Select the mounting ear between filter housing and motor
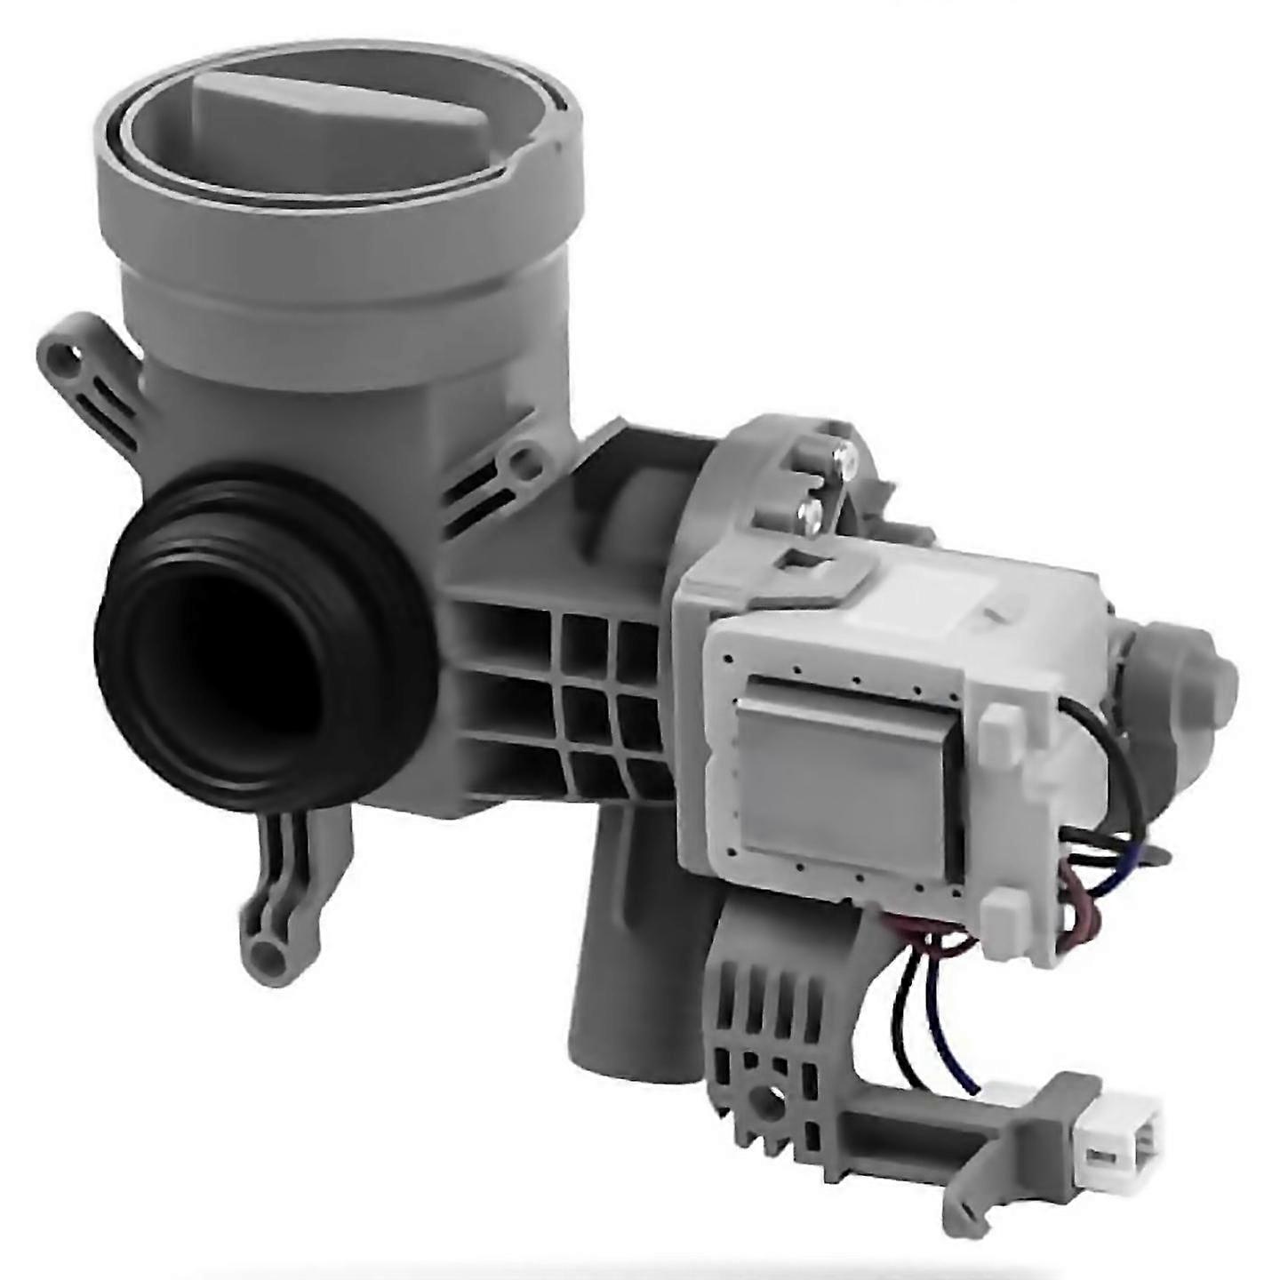(518, 462)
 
